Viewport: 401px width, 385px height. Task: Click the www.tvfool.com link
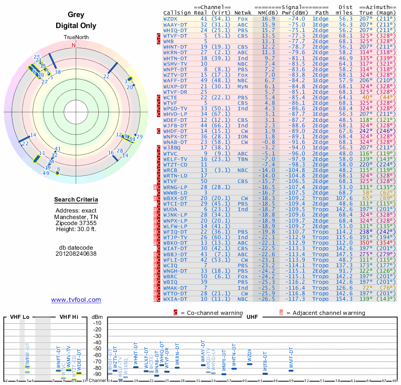76,300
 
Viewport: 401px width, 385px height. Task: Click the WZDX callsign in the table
170,19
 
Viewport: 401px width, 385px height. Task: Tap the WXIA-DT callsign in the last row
176,299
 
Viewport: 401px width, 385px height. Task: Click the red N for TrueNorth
74,45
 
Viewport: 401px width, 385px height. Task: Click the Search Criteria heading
76,200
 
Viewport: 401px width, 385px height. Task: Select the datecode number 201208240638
76,254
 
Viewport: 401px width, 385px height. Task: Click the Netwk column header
243,13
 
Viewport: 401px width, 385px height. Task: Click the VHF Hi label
69,317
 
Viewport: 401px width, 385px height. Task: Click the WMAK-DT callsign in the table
176,288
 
